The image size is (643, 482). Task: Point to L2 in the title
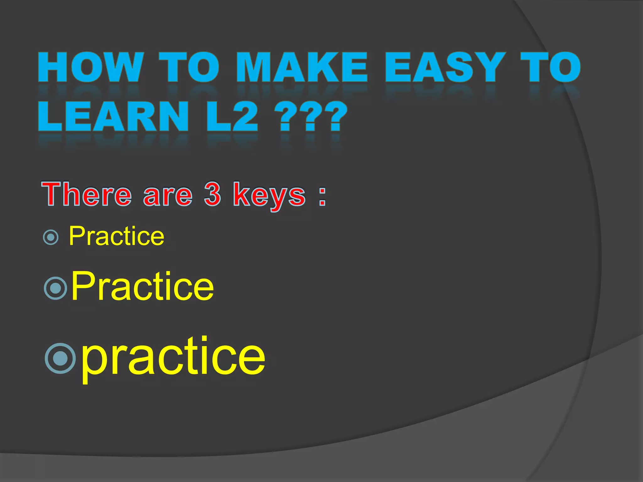pyautogui.click(x=232, y=117)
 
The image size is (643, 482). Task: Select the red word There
pyautogui.click(x=86, y=195)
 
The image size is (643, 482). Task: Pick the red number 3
pyautogui.click(x=213, y=195)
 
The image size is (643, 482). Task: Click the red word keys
pyautogui.click(x=269, y=196)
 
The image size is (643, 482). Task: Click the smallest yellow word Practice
pyautogui.click(x=116, y=236)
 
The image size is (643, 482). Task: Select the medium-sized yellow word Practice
pyautogui.click(x=143, y=286)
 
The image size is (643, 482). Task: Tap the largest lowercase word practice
pyautogui.click(x=173, y=358)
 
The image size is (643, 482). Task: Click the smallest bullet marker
pyautogui.click(x=51, y=237)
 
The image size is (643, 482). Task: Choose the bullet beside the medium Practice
pyautogui.click(x=56, y=288)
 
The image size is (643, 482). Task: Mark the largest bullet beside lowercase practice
pyautogui.click(x=60, y=358)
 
